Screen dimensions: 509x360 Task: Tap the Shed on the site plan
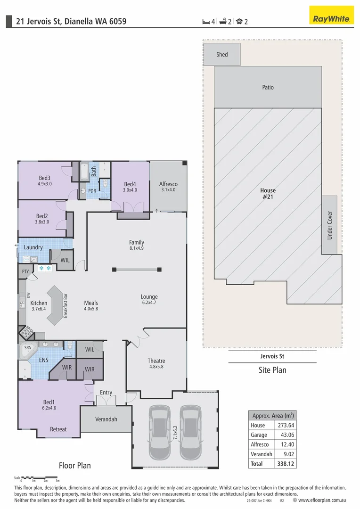tap(222, 54)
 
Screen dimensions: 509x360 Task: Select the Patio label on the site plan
tap(268, 87)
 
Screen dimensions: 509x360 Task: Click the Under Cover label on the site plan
tap(330, 225)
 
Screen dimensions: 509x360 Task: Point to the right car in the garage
tap(190, 432)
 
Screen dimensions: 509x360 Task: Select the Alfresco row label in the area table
tap(260, 444)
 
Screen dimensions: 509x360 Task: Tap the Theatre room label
tap(156, 361)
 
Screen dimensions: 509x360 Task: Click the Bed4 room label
tap(130, 184)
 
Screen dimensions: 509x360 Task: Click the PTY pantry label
tap(25, 271)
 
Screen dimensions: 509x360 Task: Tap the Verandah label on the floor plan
tap(106, 419)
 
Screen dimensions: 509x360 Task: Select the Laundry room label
tap(33, 247)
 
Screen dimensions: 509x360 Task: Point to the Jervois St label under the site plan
tap(272, 357)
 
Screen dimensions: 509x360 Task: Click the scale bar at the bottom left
tap(40, 477)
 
